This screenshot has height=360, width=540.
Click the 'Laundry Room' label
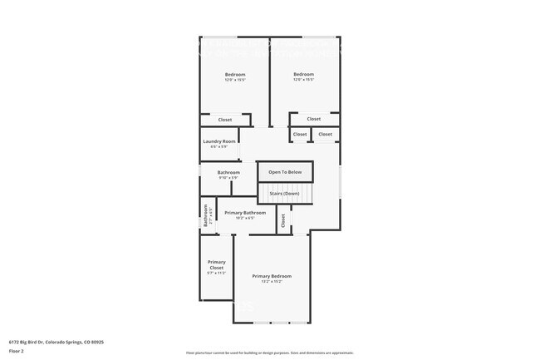click(x=219, y=141)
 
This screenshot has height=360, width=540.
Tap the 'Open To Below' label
click(x=285, y=172)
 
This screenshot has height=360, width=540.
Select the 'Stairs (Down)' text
click(x=284, y=194)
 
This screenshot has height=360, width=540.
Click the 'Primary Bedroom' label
click(x=272, y=276)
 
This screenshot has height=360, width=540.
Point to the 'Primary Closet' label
click(x=216, y=264)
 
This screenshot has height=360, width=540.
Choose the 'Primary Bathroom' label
click(x=245, y=213)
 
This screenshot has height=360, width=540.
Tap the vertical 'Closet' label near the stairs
click(x=282, y=220)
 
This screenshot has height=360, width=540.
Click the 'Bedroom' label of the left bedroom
click(x=235, y=75)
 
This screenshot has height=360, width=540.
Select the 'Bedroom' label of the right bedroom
click(x=303, y=74)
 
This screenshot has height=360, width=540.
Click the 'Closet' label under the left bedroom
click(x=225, y=120)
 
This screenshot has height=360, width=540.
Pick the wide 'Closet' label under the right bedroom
click(x=313, y=120)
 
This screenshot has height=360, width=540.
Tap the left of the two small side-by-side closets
click(x=299, y=134)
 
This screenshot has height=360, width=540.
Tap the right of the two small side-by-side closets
click(x=325, y=134)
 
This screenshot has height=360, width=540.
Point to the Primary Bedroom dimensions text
click(x=272, y=282)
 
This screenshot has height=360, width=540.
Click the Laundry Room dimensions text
click(x=219, y=147)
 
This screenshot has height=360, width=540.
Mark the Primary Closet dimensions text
click(x=216, y=274)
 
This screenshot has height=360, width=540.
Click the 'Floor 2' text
click(x=17, y=351)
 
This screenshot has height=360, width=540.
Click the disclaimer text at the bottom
click(x=270, y=353)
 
